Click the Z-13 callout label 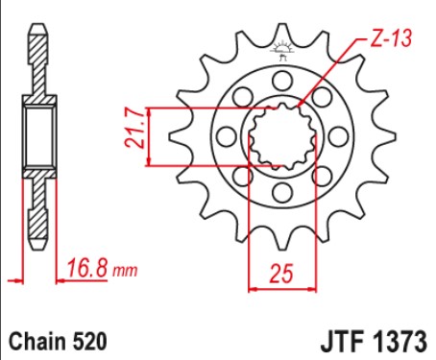pos(391,38)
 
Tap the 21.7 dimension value pos(135,128)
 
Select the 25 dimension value pos(281,274)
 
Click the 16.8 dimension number pos(87,268)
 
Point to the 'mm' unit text pos(125,272)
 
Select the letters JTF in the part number pos(343,342)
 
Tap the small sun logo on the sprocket pos(282,50)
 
